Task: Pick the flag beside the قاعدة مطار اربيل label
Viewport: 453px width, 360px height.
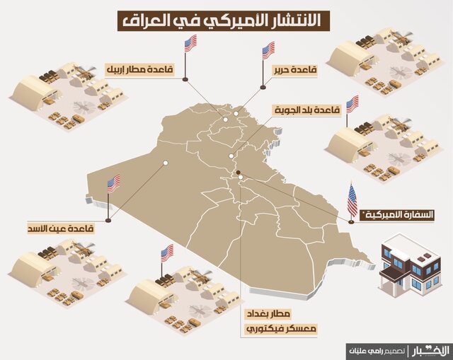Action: (190, 44)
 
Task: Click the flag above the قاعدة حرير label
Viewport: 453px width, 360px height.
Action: (268, 50)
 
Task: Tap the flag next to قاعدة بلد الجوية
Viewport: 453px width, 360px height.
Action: (352, 104)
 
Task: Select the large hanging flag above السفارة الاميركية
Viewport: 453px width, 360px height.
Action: (352, 201)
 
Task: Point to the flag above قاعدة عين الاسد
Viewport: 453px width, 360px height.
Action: (114, 185)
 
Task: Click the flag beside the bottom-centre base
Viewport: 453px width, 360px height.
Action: (167, 252)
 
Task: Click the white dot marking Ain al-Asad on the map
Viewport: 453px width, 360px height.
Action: (165, 163)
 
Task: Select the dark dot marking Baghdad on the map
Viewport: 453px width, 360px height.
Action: (239, 173)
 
